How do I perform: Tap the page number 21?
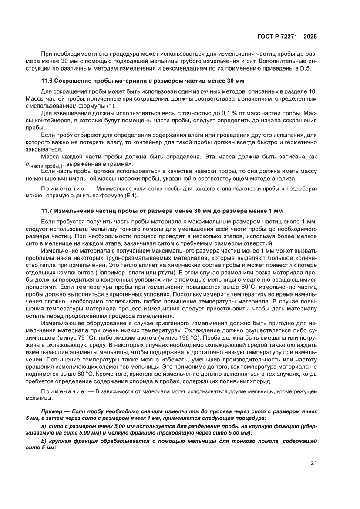click(313, 463)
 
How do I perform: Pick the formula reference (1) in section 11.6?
click(111, 106)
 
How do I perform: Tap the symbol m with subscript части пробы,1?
click(45, 165)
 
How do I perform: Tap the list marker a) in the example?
click(44, 427)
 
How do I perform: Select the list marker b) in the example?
click(44, 441)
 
